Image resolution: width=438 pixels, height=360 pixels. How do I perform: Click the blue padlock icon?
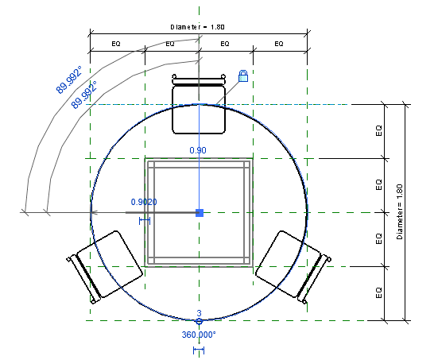pos(243,76)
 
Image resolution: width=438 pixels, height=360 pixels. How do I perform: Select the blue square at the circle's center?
pos(200,213)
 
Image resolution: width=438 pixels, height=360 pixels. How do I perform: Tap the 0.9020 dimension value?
pos(144,202)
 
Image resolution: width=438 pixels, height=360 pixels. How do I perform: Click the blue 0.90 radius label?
pos(198,150)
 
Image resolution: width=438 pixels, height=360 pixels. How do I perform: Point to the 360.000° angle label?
pos(199,335)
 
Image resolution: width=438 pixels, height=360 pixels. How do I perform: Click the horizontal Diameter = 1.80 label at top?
pos(197,27)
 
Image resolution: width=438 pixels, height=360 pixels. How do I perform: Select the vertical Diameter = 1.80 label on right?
pos(400,211)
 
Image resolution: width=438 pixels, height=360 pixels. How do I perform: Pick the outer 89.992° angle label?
pos(69,79)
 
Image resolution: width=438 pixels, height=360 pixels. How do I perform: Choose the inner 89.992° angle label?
pos(84,95)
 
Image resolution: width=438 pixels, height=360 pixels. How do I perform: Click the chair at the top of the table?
pos(199,104)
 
